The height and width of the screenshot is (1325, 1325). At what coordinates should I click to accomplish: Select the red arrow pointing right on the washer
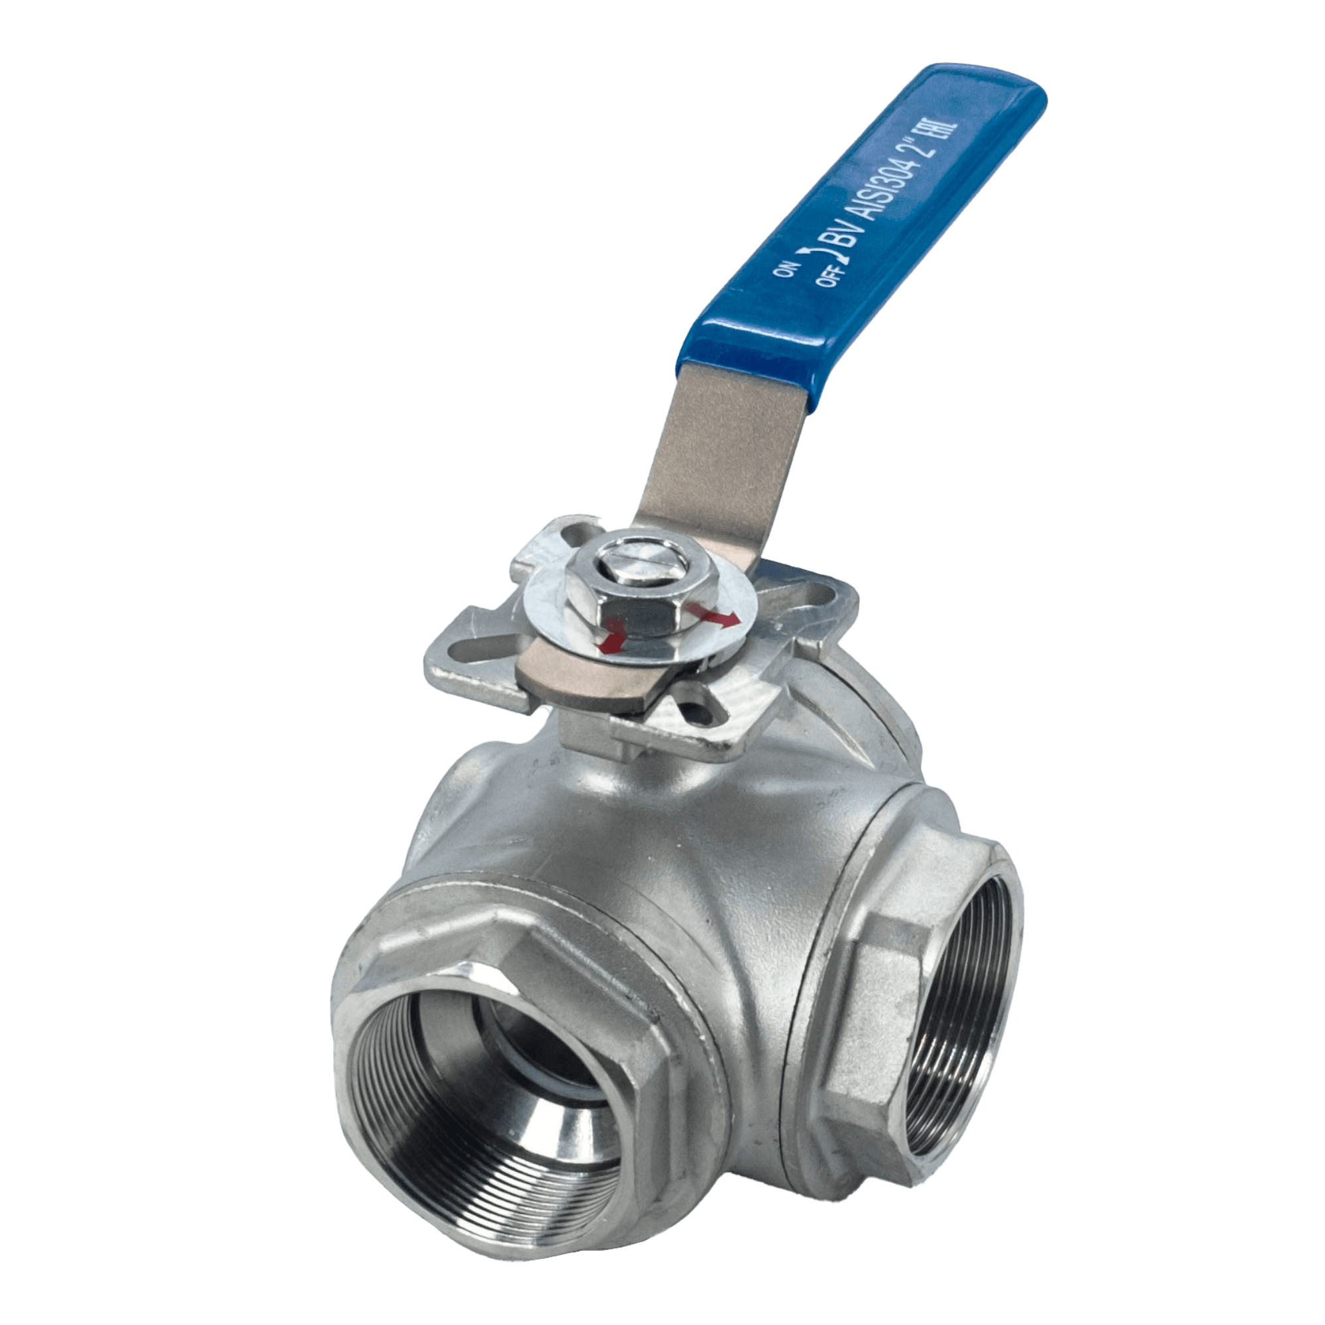[x=714, y=615]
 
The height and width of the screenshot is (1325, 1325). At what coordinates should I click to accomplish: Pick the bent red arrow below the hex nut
[x=612, y=635]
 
